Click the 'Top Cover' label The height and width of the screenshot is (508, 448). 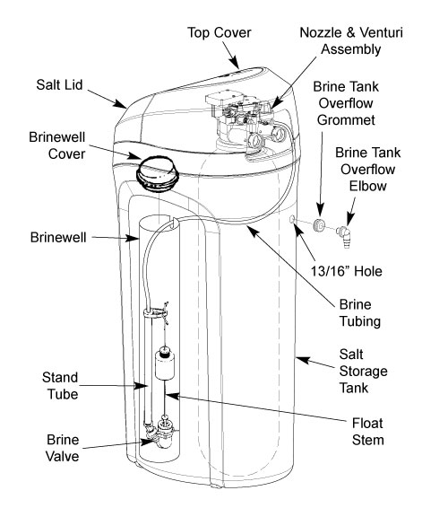(x=219, y=32)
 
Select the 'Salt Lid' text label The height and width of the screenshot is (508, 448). (x=59, y=85)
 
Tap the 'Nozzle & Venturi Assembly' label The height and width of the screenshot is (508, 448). (x=351, y=41)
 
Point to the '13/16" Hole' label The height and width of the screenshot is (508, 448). (x=347, y=271)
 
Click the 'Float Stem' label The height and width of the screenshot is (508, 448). (x=367, y=432)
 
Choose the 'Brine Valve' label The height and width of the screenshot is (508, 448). (x=63, y=448)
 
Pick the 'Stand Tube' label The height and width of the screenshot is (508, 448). (x=61, y=386)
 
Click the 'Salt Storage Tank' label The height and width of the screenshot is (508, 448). (x=363, y=371)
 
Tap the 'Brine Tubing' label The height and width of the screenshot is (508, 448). (x=359, y=313)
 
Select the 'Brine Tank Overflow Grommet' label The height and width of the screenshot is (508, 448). (x=346, y=103)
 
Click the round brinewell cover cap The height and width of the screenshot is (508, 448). (x=158, y=174)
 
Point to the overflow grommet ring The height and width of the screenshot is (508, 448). (x=319, y=225)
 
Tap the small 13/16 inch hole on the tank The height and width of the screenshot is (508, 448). (x=291, y=219)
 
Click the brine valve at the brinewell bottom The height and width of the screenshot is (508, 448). (x=159, y=434)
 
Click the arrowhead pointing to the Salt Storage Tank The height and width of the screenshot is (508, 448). (x=302, y=359)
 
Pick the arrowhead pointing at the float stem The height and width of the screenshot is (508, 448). (x=172, y=396)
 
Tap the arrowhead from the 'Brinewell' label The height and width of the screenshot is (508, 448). (x=133, y=238)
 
